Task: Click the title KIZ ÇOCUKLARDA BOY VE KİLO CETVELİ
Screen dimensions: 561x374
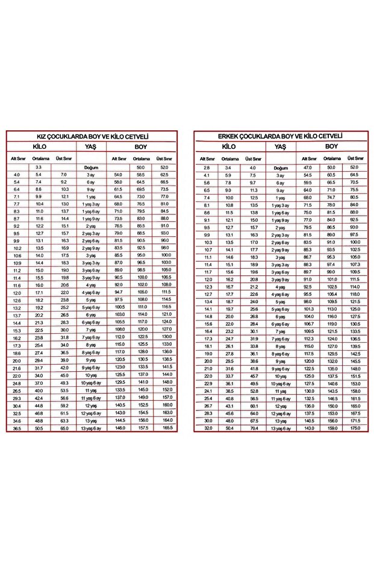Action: point(93,137)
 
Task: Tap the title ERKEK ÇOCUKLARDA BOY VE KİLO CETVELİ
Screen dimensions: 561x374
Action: point(281,137)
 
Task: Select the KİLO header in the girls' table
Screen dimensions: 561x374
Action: point(41,146)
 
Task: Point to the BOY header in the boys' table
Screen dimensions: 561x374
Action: point(331,146)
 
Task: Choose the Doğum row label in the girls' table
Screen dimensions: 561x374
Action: point(91,167)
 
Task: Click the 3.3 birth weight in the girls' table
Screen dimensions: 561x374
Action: point(38,167)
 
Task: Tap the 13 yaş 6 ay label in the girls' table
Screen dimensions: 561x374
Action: point(91,428)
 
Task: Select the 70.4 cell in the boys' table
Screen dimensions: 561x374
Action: point(254,428)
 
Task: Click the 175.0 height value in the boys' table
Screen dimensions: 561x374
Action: point(355,428)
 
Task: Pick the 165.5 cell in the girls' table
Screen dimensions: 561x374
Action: point(167,428)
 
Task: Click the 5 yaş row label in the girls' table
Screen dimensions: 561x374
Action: point(91,299)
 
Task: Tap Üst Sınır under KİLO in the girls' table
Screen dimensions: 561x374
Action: point(63,158)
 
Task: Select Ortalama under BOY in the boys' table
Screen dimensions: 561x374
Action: point(331,158)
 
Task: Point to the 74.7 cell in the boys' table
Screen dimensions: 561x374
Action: point(331,198)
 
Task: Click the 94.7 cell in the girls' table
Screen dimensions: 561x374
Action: point(118,292)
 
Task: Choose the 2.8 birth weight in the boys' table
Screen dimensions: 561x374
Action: point(207,168)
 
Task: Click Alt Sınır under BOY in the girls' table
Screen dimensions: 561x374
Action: point(118,158)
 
